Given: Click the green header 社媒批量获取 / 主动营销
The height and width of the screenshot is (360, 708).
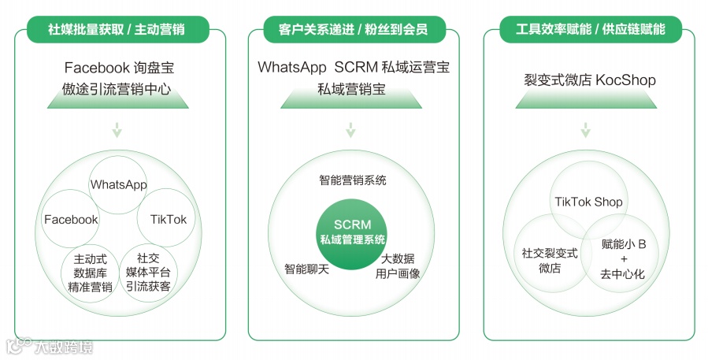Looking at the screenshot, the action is coord(117,31).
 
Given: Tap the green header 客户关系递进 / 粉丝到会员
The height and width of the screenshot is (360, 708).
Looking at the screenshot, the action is coord(354,31).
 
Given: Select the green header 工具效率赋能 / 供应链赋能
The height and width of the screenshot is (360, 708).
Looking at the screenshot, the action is coord(590,31).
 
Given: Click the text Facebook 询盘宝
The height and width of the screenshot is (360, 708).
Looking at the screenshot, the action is coord(117,68).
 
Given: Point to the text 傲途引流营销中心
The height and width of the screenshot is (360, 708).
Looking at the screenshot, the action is coord(117,89).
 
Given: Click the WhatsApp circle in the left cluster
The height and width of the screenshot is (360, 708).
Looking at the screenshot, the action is coord(119,184).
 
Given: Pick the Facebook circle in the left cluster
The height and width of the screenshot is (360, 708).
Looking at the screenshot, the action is coord(71,219).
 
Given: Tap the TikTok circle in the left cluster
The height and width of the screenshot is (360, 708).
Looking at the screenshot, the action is coord(168,219).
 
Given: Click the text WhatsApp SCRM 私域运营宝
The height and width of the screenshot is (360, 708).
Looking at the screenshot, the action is coord(354,68).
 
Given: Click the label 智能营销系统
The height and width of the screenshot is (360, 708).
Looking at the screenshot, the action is coord(352,180).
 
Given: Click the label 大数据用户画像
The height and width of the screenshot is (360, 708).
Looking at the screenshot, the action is coord(398,266).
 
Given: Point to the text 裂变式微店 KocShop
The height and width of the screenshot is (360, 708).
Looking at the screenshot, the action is coord(590,80).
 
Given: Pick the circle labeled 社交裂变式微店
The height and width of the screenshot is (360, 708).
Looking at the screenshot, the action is coord(550,261).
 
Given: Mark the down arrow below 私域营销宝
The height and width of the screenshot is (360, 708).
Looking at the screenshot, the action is coord(351,130).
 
